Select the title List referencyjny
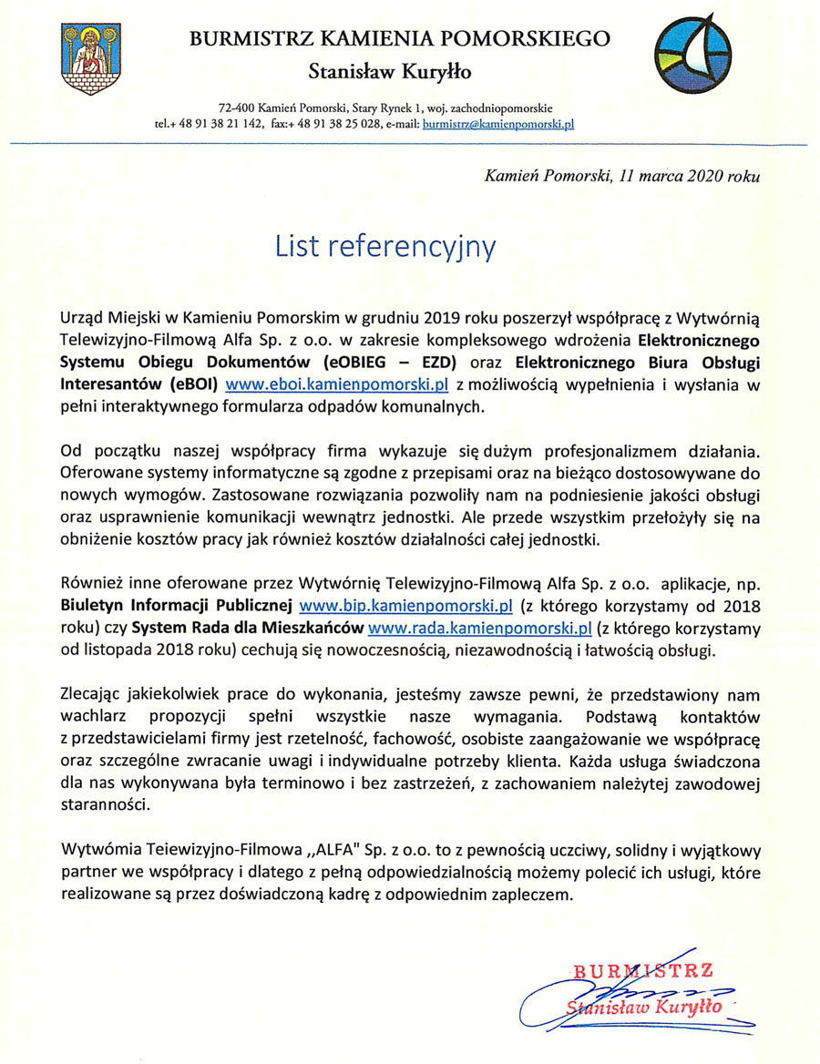[x=386, y=246]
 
